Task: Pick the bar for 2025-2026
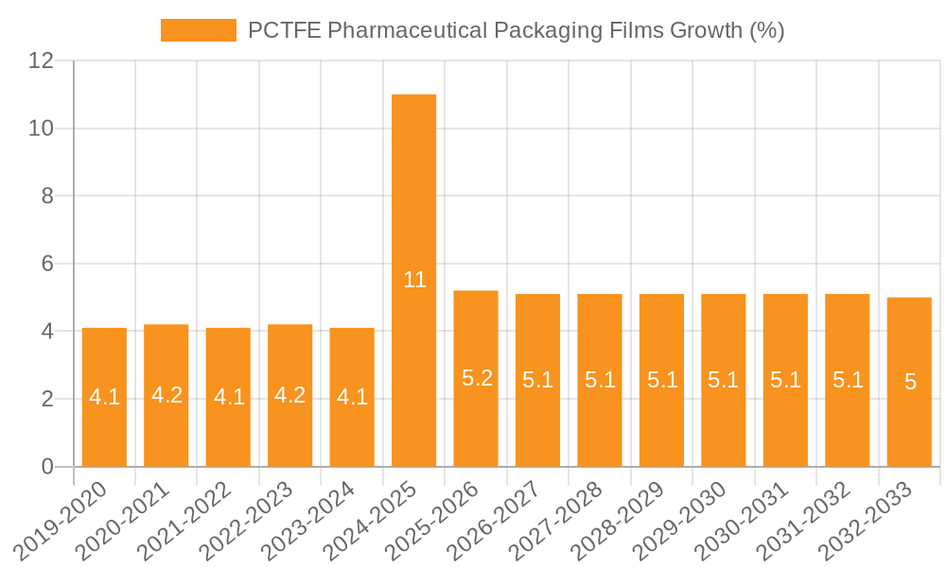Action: [476, 331]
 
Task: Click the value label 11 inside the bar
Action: [414, 280]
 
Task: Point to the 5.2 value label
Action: [477, 378]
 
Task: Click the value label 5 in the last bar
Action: [910, 382]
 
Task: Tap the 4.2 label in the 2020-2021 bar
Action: [166, 395]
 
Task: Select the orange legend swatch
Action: [198, 30]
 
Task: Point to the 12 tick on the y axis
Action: [41, 60]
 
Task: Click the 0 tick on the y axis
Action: [48, 467]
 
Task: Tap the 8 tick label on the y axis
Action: [48, 196]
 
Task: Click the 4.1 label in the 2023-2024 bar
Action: [352, 397]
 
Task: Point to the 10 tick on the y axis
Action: [41, 129]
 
